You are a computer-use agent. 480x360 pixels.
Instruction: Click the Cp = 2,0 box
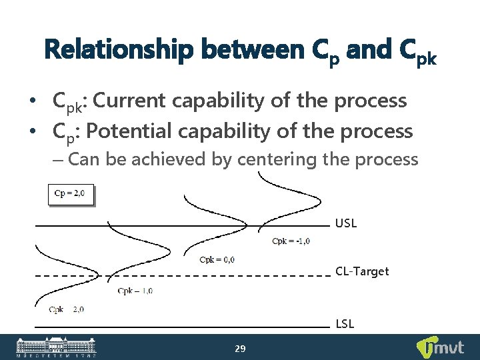coord(70,195)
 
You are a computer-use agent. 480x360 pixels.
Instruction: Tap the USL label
coord(346,223)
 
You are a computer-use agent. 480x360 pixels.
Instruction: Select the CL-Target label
coord(362,271)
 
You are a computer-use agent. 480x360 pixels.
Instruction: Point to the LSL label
coord(345,324)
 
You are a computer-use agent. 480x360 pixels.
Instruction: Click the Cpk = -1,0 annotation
coord(291,241)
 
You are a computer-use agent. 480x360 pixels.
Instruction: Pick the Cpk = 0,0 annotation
coord(217,259)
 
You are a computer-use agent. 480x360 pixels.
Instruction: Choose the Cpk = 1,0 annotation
coord(135,290)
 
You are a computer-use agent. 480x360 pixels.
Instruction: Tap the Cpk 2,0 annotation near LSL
coord(66,309)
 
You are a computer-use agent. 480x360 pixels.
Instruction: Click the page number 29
coord(240,348)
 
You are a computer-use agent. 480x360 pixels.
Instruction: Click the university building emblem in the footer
coord(56,347)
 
